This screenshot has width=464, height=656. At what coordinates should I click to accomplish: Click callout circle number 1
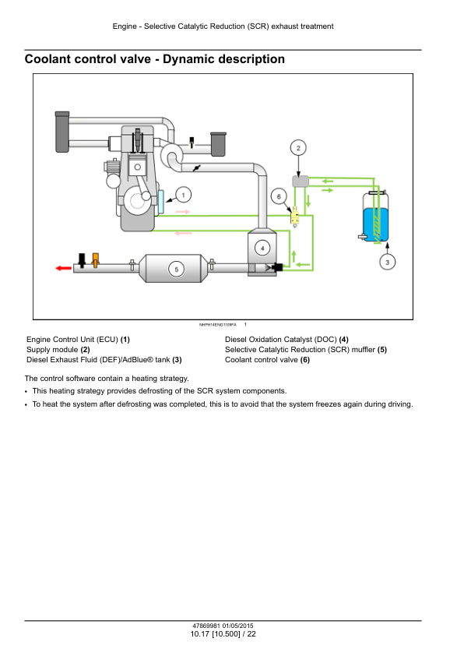point(183,195)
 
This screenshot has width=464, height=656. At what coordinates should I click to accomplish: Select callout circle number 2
point(298,148)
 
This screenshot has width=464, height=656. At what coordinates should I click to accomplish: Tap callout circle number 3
point(387,263)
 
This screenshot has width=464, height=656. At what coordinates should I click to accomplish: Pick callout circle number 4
point(262,248)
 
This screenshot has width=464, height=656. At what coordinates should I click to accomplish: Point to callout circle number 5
point(176,269)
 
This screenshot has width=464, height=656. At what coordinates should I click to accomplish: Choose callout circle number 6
point(279,196)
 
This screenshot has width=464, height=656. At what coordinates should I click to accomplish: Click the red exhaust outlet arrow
point(64,268)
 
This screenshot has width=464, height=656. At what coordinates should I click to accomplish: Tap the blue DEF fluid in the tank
point(376,224)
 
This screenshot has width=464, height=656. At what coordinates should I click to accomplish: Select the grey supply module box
point(301,182)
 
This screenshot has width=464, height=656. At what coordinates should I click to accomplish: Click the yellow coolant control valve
point(295,217)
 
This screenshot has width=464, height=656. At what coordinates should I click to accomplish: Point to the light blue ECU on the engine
point(160,203)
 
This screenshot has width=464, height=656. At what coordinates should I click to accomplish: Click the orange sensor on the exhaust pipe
point(96,259)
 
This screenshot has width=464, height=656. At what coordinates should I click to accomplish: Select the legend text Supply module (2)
point(58,350)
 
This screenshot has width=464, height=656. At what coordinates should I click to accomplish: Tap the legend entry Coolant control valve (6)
point(268,360)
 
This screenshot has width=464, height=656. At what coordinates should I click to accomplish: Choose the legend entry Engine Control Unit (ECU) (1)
point(78,340)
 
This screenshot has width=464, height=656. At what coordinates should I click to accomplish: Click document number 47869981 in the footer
point(206,626)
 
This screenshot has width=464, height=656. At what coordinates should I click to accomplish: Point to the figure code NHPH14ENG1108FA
point(218,325)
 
